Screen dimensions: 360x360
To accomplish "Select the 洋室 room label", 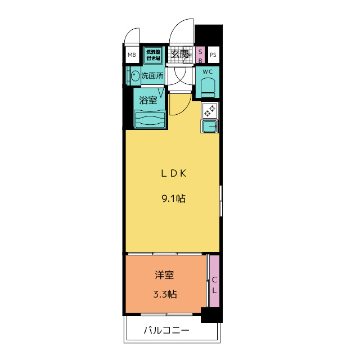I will (x=164, y=275).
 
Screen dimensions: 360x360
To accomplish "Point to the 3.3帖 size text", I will (x=164, y=294).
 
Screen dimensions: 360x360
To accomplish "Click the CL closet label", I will (x=214, y=285).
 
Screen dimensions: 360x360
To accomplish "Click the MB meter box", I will (x=132, y=55).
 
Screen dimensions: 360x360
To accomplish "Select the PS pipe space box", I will (x=213, y=55).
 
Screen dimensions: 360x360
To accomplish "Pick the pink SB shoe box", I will (x=200, y=55).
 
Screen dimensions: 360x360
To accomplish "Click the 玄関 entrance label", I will (x=179, y=55).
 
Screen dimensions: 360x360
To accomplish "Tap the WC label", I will (x=208, y=71).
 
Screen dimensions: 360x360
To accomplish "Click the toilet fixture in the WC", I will (x=208, y=86).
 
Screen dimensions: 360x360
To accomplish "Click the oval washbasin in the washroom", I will (x=135, y=75).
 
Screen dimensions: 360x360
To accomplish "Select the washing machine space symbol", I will (x=152, y=55).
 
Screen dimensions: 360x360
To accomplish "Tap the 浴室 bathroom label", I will (x=148, y=101).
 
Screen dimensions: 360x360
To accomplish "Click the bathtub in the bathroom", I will (x=150, y=119).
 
